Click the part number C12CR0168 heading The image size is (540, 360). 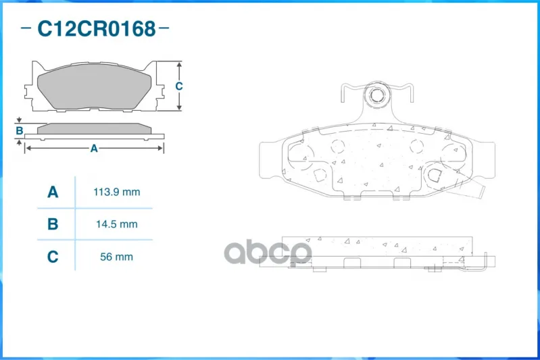97,28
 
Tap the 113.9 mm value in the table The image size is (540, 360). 117,192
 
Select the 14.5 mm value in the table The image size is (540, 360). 117,224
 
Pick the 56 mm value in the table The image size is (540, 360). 116,257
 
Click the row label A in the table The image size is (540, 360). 53,192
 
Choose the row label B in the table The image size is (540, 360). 53,224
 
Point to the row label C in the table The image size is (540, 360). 53,257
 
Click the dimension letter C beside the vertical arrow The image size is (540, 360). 178,86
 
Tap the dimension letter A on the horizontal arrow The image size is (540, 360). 94,149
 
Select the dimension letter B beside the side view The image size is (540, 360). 20,131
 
